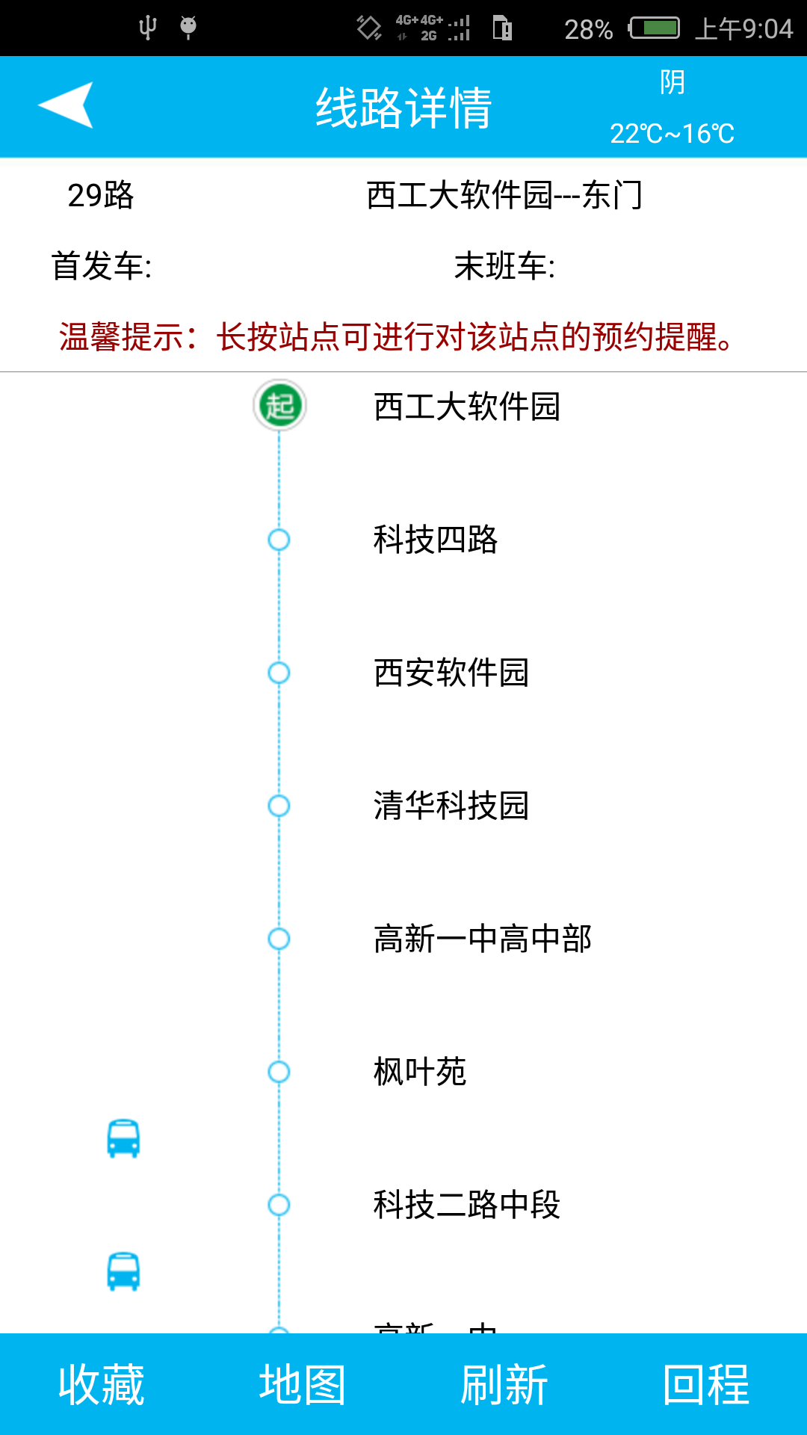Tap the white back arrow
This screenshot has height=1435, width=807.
coord(66,105)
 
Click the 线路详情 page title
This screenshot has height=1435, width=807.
coord(403,108)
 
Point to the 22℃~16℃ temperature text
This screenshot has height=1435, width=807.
coord(672,134)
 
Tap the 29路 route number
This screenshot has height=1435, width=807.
coord(101,196)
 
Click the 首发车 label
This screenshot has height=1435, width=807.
coord(102,266)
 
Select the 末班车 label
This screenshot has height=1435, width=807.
coord(505,266)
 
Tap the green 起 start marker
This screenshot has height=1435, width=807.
coord(279,406)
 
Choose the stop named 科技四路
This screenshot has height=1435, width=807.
coord(436,540)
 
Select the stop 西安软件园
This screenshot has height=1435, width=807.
coord(451,673)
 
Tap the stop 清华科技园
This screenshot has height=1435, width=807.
coord(451,806)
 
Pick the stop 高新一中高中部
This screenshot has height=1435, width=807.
coord(483,939)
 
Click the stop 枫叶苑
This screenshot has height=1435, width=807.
coord(420,1072)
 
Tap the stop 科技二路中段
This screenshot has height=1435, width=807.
coord(467,1205)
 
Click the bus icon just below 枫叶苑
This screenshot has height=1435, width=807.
coord(123,1138)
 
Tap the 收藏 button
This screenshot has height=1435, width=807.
coord(101,1384)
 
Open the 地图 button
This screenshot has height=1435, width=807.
coord(303,1384)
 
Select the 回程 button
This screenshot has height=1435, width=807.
coord(706,1384)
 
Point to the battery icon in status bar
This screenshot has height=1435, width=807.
coord(655,28)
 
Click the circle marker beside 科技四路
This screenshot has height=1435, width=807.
coord(279,540)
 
